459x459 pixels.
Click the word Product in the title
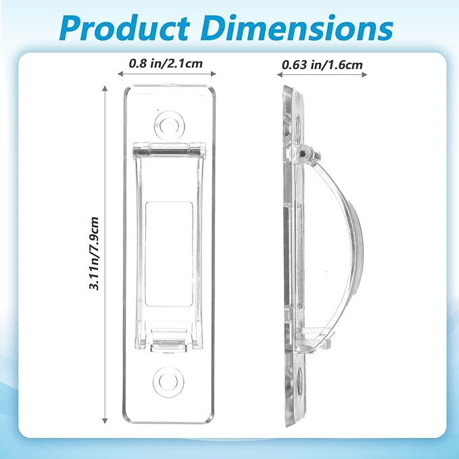(125, 28)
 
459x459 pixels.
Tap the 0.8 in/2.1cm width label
(166, 63)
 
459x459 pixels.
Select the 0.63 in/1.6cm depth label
(322, 64)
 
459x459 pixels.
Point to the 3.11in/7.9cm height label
(94, 253)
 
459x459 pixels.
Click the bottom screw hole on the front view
(168, 382)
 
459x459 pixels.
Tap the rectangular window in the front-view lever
(169, 253)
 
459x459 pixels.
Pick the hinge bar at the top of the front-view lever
(169, 149)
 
